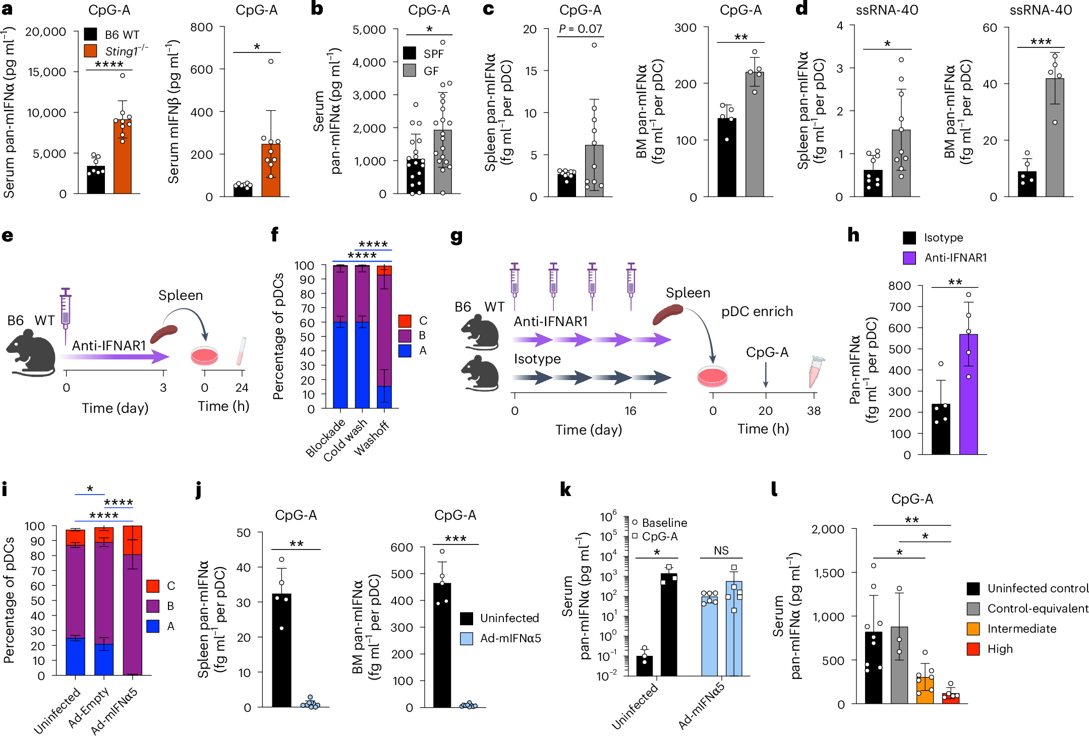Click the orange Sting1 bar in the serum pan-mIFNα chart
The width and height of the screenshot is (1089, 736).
coord(123,157)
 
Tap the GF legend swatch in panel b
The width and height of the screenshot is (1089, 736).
coord(410,71)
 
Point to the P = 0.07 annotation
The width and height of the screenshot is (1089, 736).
coord(580,29)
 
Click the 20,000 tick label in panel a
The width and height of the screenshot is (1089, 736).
coord(45,32)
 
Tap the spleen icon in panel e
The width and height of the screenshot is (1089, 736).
coord(164,334)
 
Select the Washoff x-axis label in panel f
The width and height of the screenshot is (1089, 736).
coord(372,439)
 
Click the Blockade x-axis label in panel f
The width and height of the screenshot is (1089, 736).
coord(325,438)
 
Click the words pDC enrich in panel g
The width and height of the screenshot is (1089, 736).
coord(757,312)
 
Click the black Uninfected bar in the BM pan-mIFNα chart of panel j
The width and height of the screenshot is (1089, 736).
coord(442,645)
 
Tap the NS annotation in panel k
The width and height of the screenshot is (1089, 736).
coord(721,550)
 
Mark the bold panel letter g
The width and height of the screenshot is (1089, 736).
coord(456,236)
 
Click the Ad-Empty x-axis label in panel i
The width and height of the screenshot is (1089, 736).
coord(89,708)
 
